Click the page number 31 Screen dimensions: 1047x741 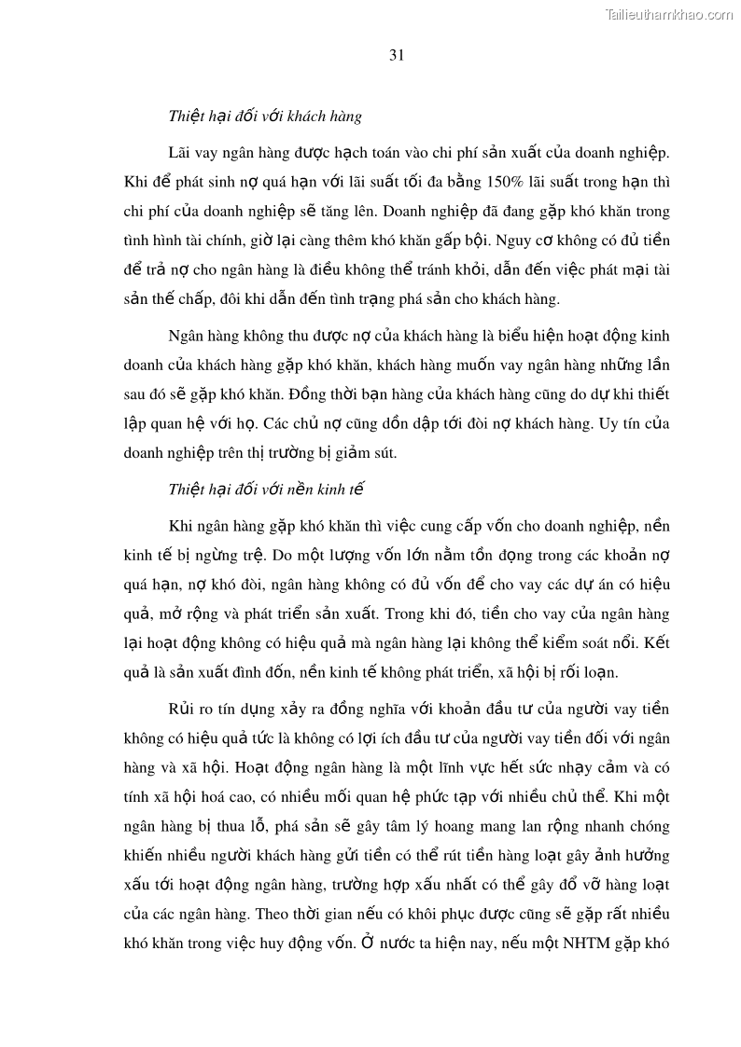tap(396, 55)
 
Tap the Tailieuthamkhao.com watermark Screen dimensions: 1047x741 tap(669, 14)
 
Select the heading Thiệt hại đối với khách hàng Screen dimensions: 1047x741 tap(265, 117)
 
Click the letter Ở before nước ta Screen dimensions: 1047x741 tap(370, 943)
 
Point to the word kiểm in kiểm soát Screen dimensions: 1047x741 tap(538, 644)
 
